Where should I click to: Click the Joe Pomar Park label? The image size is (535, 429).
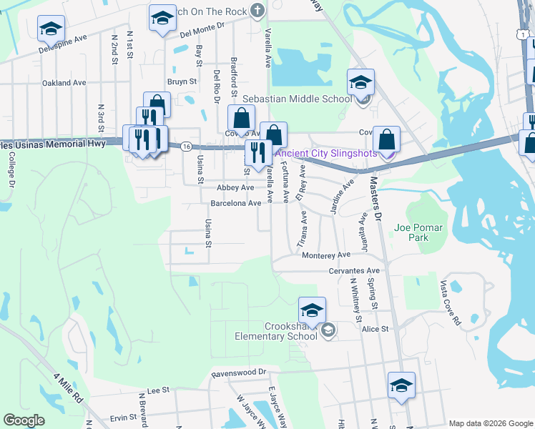[418, 233]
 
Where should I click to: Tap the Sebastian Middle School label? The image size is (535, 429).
[297, 99]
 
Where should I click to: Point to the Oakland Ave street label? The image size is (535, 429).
[64, 83]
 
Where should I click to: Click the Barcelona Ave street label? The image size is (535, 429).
[235, 204]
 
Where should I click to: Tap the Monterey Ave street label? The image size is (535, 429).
[325, 255]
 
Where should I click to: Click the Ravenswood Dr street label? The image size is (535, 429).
[238, 373]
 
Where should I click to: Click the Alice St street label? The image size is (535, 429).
[375, 329]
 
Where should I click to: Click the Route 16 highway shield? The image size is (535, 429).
[185, 146]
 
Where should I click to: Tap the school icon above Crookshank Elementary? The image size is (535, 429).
[312, 311]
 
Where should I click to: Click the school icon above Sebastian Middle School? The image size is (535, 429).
[360, 82]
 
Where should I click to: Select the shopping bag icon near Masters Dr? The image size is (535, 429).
[386, 139]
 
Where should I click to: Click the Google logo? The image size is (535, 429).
[24, 420]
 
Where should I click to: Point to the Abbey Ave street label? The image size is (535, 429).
[235, 187]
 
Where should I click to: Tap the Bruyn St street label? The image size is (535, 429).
[182, 82]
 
